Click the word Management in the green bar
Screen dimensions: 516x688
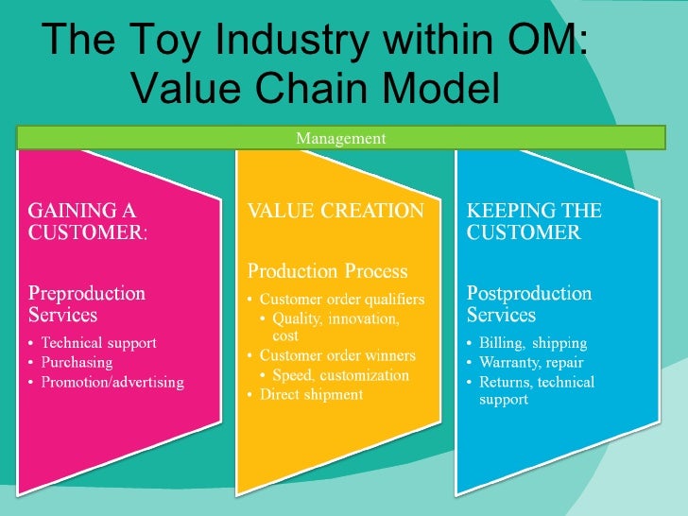pyautogui.click(x=340, y=139)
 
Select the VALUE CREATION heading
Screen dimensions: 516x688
pyautogui.click(x=335, y=211)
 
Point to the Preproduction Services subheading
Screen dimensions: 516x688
pyautogui.click(x=86, y=303)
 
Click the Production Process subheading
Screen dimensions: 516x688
pyautogui.click(x=328, y=271)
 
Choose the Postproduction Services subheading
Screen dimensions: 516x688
pyautogui.click(x=529, y=303)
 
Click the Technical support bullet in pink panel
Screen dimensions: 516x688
pyautogui.click(x=98, y=342)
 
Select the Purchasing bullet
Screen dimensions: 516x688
pyautogui.click(x=77, y=362)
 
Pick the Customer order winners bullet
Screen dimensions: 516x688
pyautogui.click(x=336, y=355)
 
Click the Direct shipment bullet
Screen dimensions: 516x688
pyautogui.click(x=310, y=394)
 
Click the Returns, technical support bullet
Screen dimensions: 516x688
pyautogui.click(x=536, y=390)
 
